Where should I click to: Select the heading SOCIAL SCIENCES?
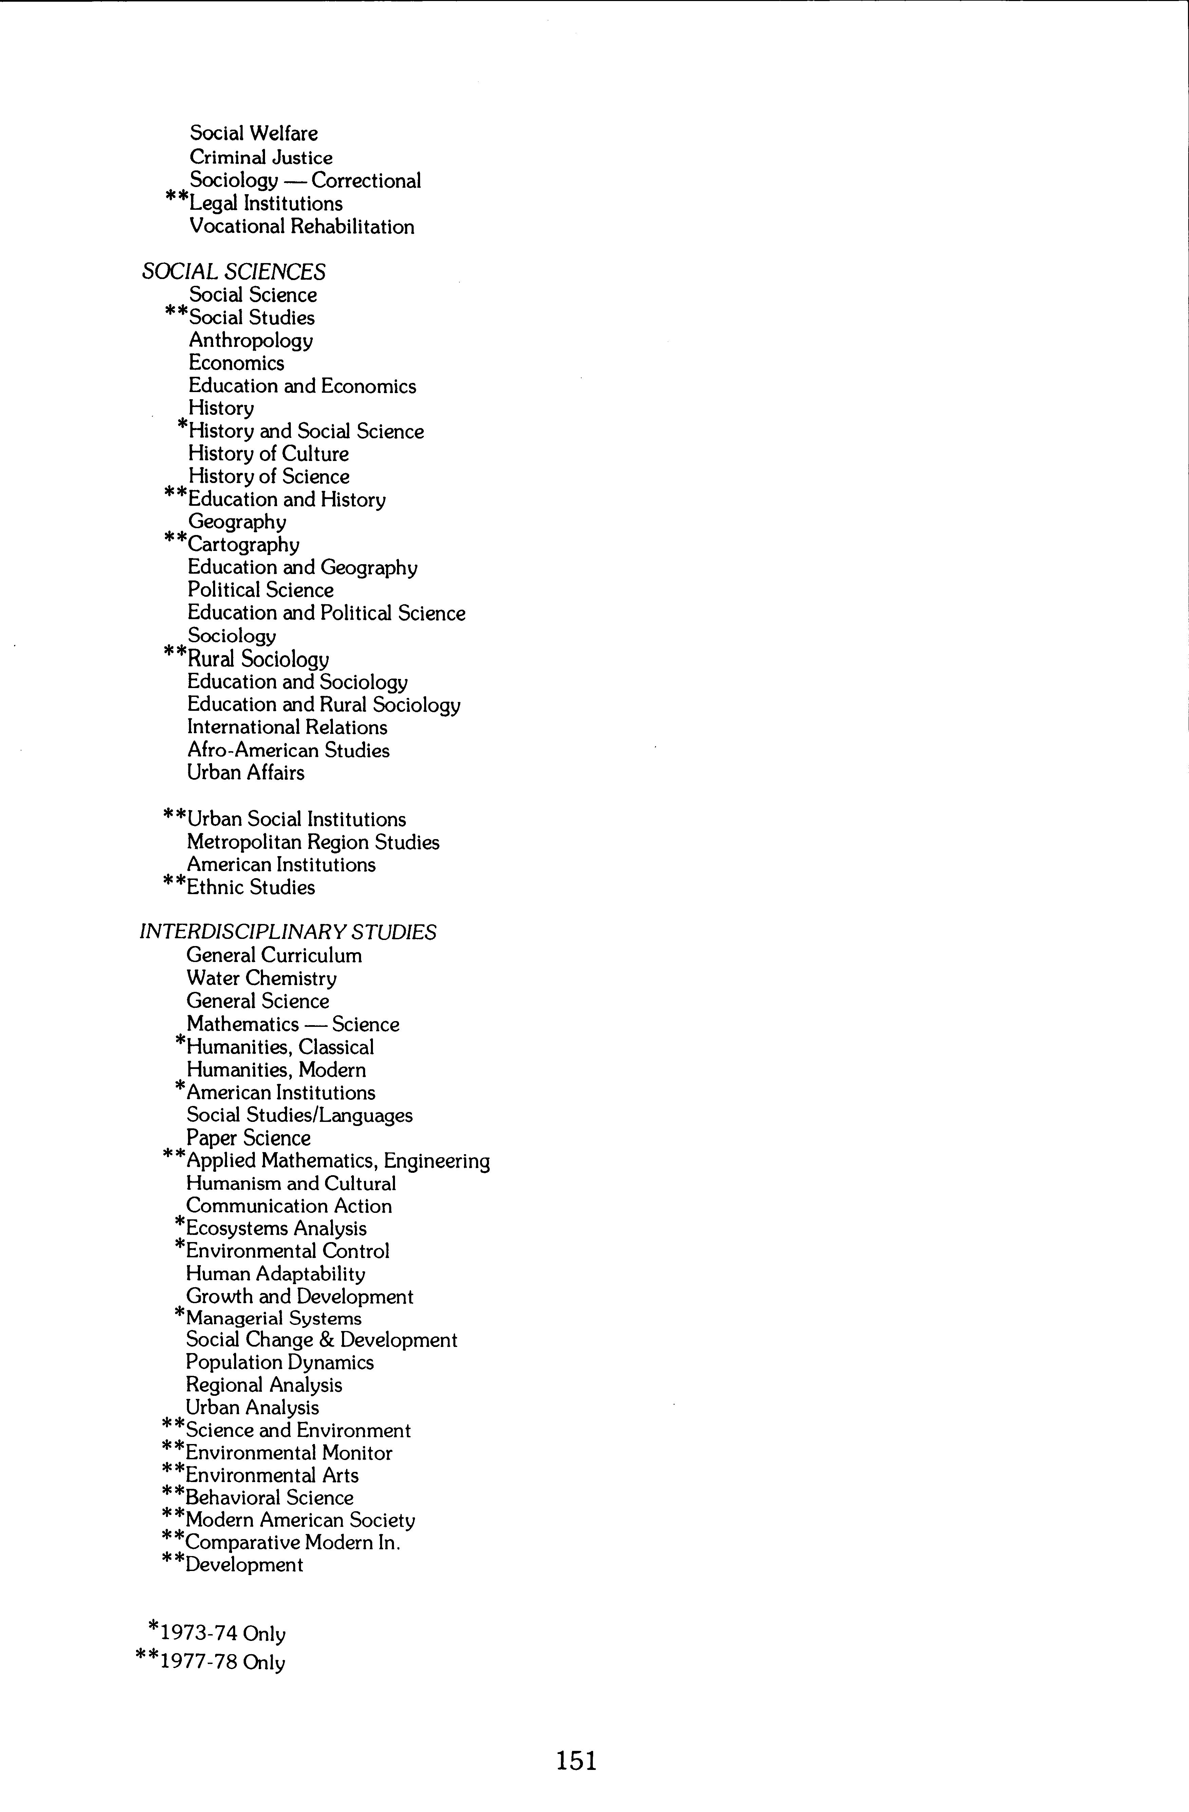click(234, 272)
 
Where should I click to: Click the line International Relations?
click(287, 728)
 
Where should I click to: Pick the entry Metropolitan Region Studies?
click(313, 842)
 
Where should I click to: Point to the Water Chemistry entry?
click(261, 978)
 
